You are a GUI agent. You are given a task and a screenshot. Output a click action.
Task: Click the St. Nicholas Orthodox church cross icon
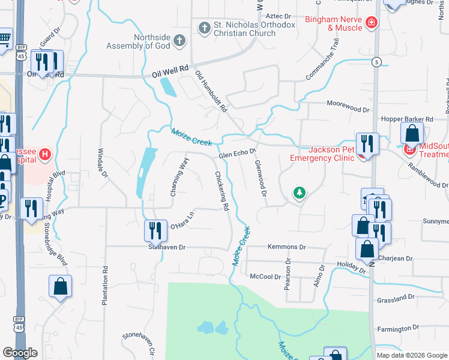click(x=204, y=27)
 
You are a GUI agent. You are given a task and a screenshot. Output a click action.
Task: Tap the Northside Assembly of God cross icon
click(x=179, y=41)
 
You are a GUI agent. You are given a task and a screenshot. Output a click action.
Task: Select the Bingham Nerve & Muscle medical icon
click(x=372, y=23)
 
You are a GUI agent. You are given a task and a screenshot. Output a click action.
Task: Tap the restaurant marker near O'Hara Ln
click(x=155, y=230)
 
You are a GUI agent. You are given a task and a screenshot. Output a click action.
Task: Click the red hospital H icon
click(x=44, y=155)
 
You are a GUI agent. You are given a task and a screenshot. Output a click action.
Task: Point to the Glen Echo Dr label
click(x=237, y=154)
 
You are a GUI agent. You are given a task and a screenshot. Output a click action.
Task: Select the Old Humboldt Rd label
click(x=211, y=92)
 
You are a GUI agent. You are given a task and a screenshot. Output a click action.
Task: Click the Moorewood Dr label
click(x=348, y=103)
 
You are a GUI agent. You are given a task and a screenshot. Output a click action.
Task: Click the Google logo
click(x=20, y=353)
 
